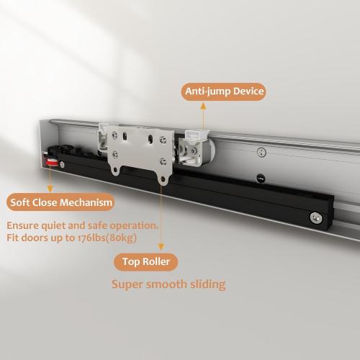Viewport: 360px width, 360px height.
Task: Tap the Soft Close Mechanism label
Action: point(60,201)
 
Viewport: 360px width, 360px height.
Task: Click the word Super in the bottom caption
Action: point(128,284)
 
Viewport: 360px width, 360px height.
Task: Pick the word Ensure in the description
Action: point(25,225)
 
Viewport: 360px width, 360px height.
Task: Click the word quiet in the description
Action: point(60,225)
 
